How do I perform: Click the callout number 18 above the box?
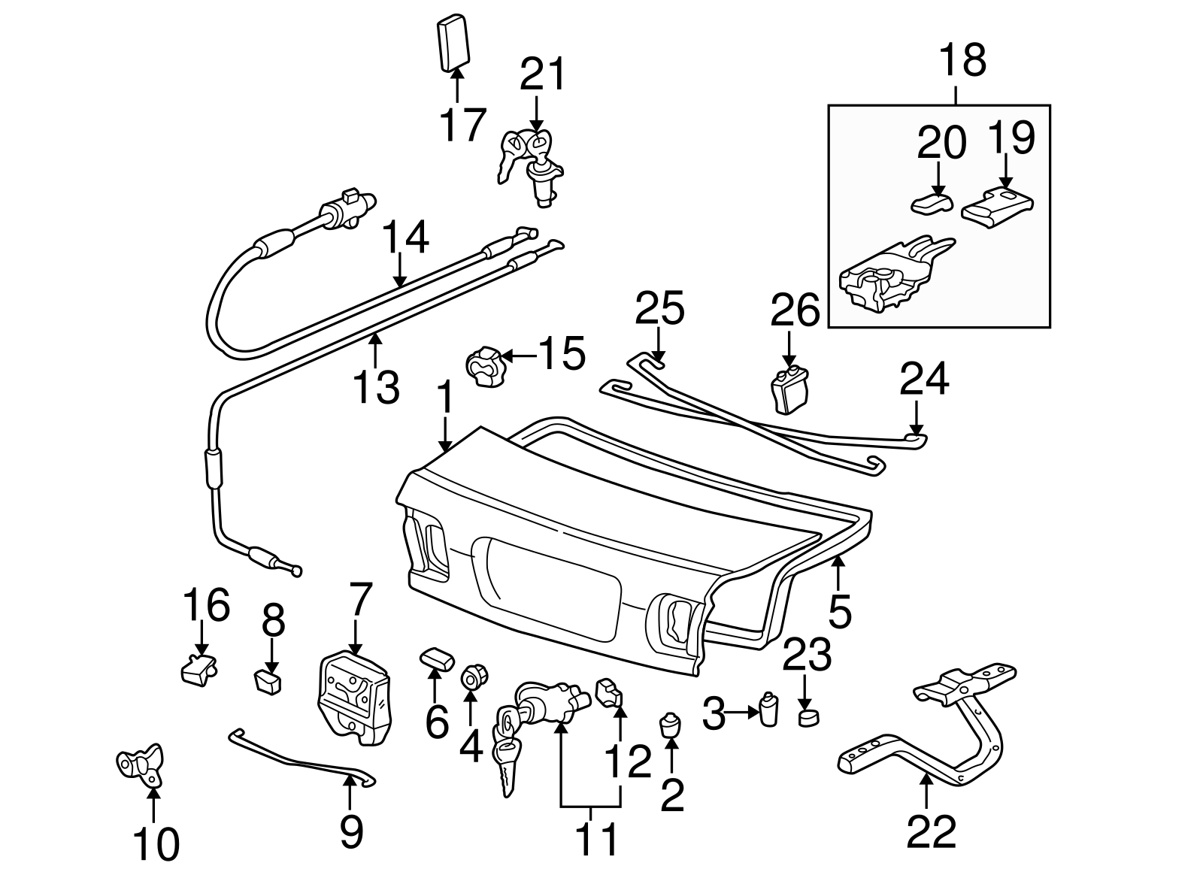tap(962, 60)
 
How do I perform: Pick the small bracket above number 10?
tap(141, 763)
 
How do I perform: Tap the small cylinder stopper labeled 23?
tap(808, 716)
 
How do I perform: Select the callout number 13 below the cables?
tap(377, 387)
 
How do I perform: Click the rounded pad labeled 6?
tap(436, 658)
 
